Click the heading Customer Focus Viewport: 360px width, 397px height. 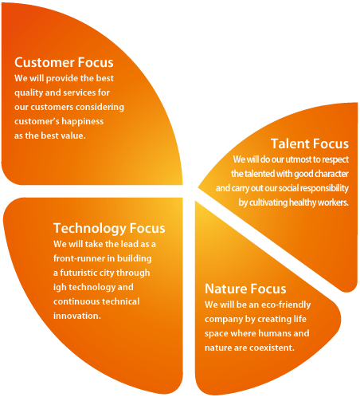(64, 62)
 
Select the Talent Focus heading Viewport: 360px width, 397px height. (310, 143)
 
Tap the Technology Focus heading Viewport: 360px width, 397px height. (109, 229)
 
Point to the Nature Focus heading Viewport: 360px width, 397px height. (245, 289)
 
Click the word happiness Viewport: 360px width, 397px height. (83, 121)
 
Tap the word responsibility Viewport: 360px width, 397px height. (324, 188)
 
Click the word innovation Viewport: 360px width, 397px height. (77, 316)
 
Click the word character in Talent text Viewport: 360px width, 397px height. (332, 174)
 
